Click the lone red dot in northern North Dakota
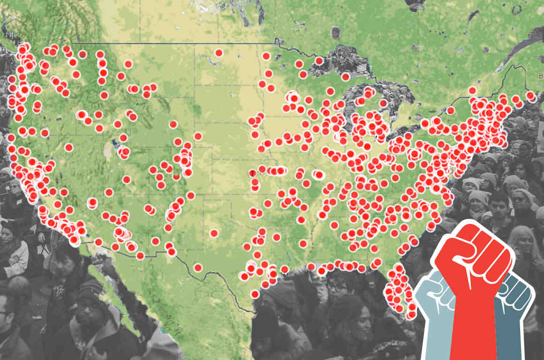[x=219, y=52]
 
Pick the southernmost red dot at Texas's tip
[x=255, y=294]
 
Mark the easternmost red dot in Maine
[x=530, y=96]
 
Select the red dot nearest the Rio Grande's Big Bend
[x=197, y=268]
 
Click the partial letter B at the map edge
[x=541, y=75]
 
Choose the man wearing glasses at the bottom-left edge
[x=9, y=319]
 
